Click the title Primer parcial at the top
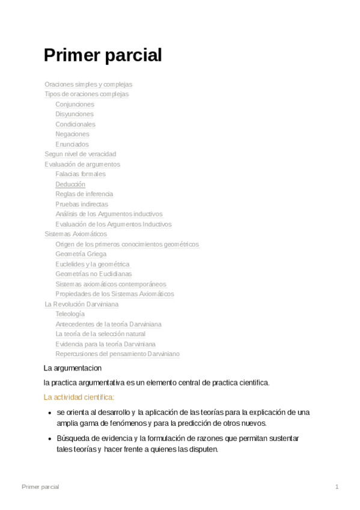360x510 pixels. [103, 55]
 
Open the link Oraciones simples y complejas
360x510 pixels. [88, 84]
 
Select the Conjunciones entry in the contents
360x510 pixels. [75, 104]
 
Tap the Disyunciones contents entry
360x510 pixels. [75, 114]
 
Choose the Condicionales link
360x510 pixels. [75, 124]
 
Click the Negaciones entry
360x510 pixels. [72, 134]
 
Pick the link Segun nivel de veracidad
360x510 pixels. [80, 154]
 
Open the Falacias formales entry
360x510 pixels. [80, 174]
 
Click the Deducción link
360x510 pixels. [70, 184]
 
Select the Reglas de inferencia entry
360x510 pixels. [84, 194]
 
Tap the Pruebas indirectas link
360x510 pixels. [82, 204]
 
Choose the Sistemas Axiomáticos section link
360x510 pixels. [76, 234]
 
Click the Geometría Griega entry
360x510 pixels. [81, 254]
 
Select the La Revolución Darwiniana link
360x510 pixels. [81, 304]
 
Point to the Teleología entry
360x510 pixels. [70, 314]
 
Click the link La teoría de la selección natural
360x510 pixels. [100, 334]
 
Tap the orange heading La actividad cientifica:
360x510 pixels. [79, 397]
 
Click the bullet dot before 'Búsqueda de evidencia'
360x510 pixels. [49, 438]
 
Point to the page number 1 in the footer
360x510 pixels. [337, 487]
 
